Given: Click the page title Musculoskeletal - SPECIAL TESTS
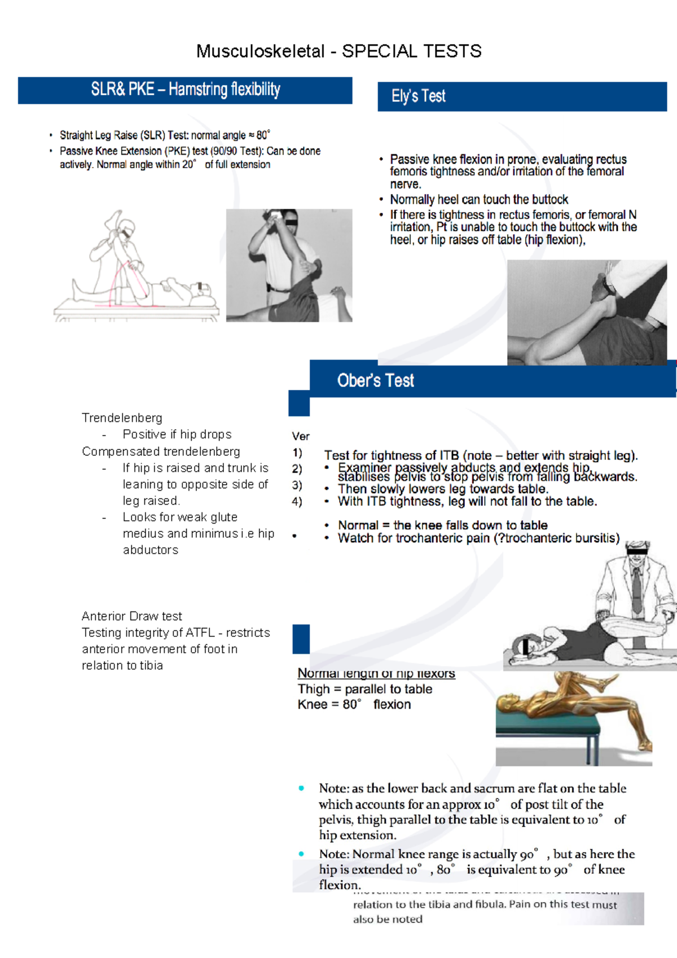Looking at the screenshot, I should (x=338, y=51).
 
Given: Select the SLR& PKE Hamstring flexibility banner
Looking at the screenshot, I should (x=185, y=90).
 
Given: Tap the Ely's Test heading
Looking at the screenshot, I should (x=419, y=96).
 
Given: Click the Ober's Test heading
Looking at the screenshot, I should (x=375, y=381).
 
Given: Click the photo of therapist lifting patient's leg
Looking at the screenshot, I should (x=289, y=265).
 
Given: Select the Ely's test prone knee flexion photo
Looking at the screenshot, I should (x=587, y=312).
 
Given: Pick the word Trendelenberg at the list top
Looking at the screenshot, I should (x=122, y=418).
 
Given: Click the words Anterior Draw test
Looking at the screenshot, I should (x=131, y=616).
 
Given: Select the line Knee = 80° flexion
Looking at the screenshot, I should (x=354, y=705).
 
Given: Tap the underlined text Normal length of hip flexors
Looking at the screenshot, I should (x=376, y=674).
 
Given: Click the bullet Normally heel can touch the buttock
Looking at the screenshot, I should (x=478, y=200).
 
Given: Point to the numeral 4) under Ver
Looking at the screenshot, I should (x=297, y=502).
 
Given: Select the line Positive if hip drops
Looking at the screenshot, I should (x=177, y=434).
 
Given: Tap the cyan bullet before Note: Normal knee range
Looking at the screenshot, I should (x=301, y=854).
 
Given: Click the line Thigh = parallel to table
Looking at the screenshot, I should (x=364, y=689).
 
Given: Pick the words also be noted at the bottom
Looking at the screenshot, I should (x=388, y=919).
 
